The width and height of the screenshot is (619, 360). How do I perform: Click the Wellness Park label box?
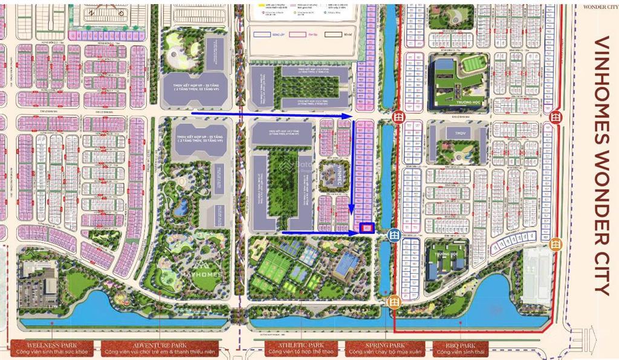click(x=51, y=349)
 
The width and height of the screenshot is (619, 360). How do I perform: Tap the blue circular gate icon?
click(x=394, y=234)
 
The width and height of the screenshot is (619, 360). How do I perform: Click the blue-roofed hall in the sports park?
click(x=346, y=264)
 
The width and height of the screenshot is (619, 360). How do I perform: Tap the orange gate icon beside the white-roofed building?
click(x=556, y=244)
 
